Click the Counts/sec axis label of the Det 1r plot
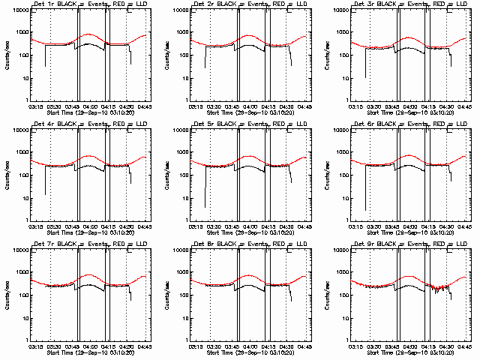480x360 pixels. pyautogui.click(x=5, y=55)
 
